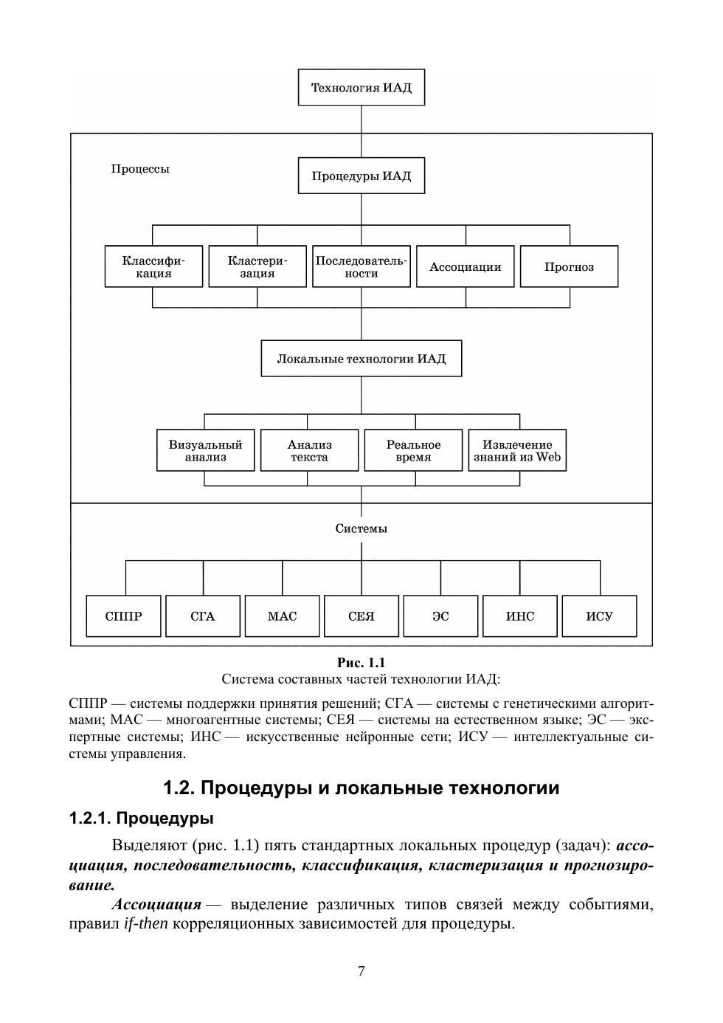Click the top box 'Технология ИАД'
pos(361,88)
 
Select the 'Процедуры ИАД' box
pos(361,176)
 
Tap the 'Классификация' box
pos(153,266)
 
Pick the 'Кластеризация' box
pos(257,266)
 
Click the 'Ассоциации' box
pos(465,266)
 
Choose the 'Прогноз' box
pos(569,266)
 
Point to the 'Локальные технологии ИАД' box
pos(361,359)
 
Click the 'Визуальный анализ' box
pos(205,450)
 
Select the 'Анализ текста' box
pos(309,450)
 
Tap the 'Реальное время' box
pos(413,450)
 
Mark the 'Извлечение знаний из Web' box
pos(517,450)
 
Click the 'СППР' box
pos(123,616)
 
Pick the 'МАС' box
pos(282,616)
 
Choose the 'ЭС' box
pos(440,616)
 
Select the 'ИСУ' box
pos(599,616)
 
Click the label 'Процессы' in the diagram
pos(140,169)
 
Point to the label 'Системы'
pos(361,528)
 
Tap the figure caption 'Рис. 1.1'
pos(361,663)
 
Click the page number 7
pos(361,971)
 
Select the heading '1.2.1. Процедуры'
pos(141,819)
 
